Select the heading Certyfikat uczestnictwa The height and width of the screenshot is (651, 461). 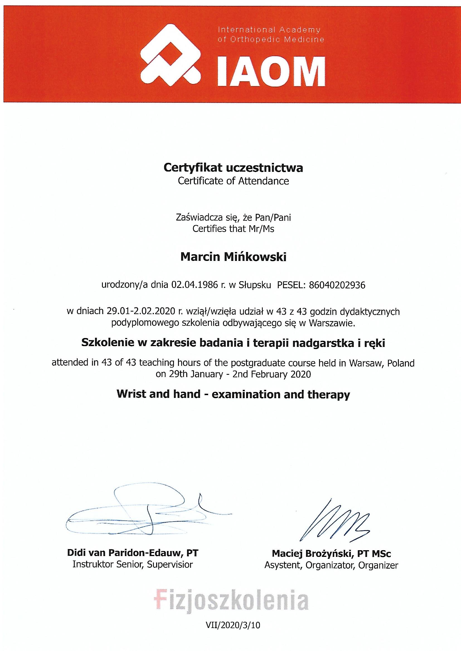coord(233,168)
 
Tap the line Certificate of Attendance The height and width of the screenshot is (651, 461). coord(233,181)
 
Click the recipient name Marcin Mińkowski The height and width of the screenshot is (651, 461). coord(233,257)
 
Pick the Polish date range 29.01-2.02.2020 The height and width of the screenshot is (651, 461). coord(140,311)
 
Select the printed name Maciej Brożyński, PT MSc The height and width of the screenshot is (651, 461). coord(331,553)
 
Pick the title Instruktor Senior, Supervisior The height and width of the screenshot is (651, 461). coord(133,564)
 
